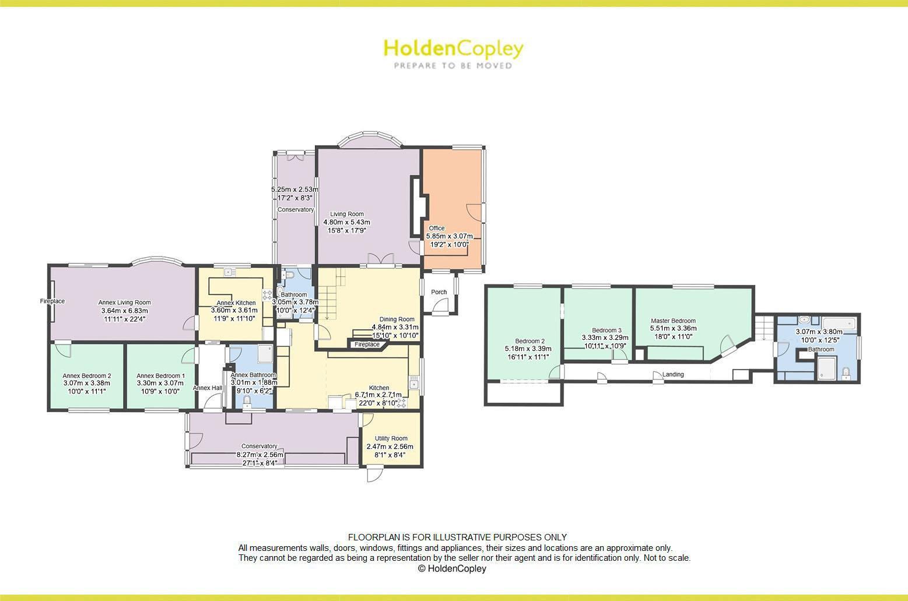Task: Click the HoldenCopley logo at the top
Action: tap(453, 49)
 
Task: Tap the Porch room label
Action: tap(439, 292)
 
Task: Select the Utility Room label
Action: tap(391, 438)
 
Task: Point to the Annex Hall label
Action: tap(208, 388)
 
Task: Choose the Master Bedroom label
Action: tap(673, 321)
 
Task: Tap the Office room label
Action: tap(437, 228)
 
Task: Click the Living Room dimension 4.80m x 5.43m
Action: tap(346, 222)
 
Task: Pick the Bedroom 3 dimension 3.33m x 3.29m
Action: tap(605, 338)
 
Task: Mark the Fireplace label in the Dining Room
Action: tap(367, 345)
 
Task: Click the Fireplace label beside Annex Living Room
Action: tap(52, 301)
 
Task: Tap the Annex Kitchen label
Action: tap(236, 303)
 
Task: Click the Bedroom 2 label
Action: tap(530, 341)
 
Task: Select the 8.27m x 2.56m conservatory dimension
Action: tap(260, 455)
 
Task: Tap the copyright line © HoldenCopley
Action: tap(451, 568)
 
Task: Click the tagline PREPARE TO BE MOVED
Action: tap(453, 66)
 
